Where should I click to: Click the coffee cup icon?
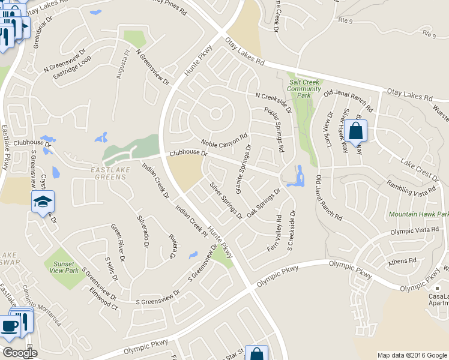[x=9, y=326]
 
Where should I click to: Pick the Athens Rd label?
[x=402, y=261]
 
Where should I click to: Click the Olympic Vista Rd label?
[x=415, y=230]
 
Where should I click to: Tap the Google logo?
[x=19, y=353]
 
